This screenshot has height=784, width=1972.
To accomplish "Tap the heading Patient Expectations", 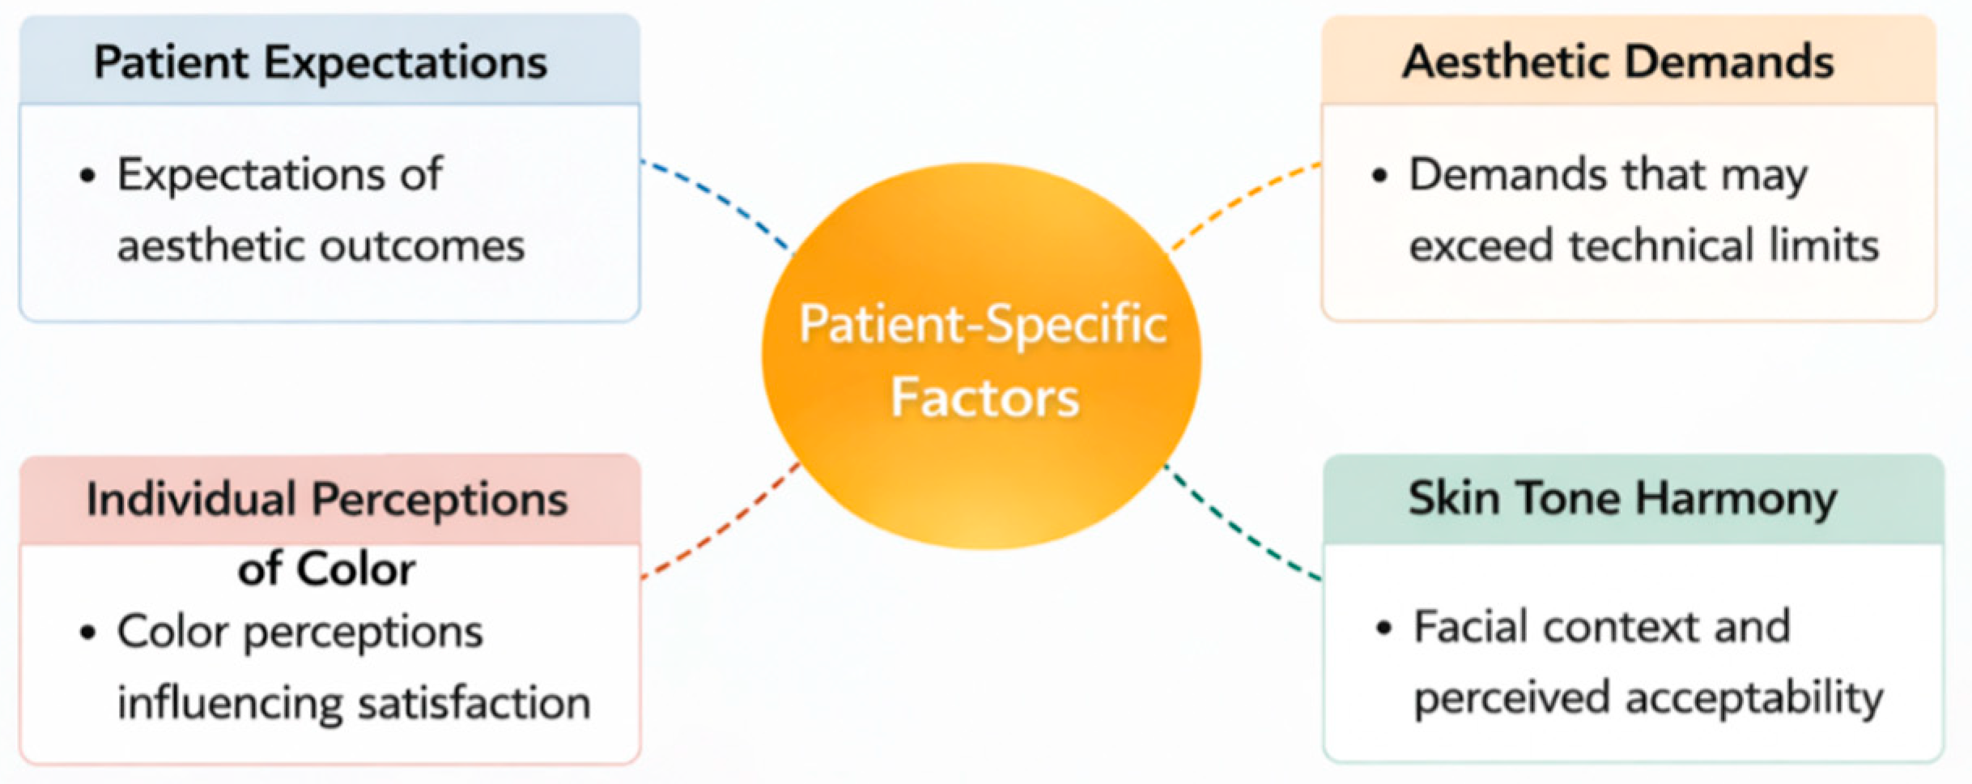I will point(321,62).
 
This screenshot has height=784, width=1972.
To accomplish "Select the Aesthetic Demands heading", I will point(1618,62).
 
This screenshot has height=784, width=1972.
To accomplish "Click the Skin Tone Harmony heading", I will point(1622,498).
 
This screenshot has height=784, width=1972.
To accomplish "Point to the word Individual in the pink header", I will point(191,499).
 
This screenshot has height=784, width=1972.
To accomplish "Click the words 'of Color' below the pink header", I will point(326,569).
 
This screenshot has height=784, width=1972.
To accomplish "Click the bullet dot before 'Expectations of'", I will point(88,176).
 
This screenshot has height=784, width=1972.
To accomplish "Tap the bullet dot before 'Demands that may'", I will point(1380,176).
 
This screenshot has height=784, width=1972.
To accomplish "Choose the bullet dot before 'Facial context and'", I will point(1384,628).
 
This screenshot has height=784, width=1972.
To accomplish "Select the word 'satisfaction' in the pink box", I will point(474,703).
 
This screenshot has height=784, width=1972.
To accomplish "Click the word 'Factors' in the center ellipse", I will point(984,398).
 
